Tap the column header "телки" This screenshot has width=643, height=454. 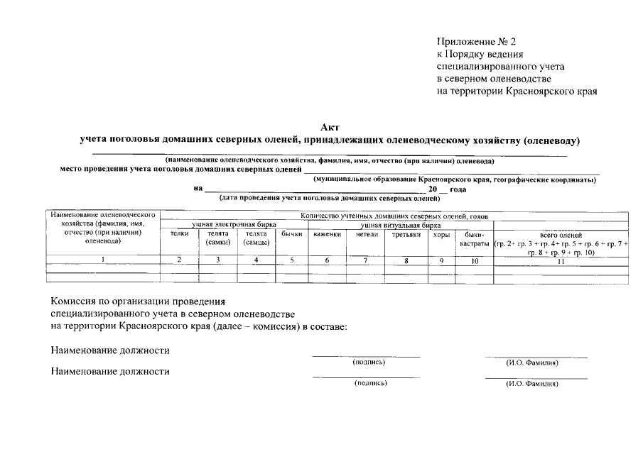180,233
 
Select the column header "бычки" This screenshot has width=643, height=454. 292,233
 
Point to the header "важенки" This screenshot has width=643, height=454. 327,233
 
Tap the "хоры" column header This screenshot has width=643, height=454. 441,233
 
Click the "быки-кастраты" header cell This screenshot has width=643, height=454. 474,238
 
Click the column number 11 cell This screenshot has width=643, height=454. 561,261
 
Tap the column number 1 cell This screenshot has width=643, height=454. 103,260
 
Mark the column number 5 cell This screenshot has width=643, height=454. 292,260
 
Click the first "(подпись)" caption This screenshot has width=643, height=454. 369,362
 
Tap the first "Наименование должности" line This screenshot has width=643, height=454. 110,350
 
